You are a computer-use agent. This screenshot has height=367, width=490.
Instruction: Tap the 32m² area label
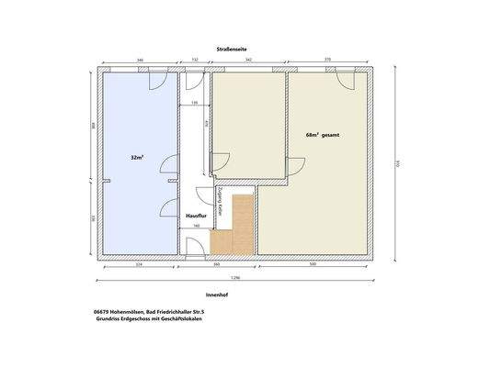tap(137, 158)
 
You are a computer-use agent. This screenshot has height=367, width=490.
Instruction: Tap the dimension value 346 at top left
tap(139, 60)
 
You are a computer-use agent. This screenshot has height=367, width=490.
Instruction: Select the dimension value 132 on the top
tap(195, 60)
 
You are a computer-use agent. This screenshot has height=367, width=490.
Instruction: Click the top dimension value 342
tap(250, 60)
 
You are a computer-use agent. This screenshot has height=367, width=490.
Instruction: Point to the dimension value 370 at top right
tap(328, 60)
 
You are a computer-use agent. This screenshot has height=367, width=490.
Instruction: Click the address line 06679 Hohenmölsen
tap(148, 313)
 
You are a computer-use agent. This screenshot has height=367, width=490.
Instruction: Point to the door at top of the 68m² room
tap(348, 80)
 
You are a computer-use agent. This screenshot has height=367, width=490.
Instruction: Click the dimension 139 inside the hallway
tap(194, 104)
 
